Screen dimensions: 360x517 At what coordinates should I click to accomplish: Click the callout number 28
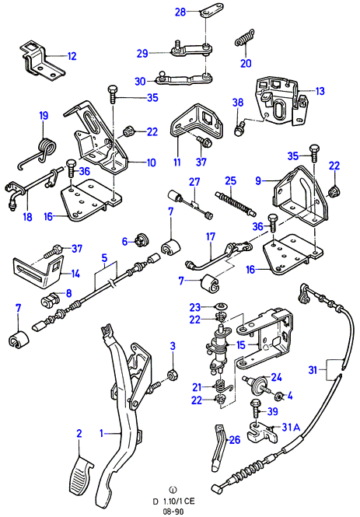180,12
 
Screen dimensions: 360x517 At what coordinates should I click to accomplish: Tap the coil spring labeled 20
245,38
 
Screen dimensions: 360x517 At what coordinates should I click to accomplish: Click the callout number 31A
291,428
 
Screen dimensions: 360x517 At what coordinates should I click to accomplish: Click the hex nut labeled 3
173,375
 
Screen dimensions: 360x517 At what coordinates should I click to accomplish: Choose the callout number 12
72,56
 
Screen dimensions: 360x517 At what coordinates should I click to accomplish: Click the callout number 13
320,91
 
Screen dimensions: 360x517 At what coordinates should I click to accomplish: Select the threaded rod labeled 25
236,203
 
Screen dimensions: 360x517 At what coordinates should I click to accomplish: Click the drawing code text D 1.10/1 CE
173,501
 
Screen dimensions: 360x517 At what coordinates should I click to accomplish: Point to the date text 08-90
173,512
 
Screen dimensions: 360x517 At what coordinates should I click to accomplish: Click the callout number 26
235,439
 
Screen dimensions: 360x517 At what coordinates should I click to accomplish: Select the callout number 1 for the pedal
102,433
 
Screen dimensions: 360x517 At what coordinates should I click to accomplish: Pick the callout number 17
211,237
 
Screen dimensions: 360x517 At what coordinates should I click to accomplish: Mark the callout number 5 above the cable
104,257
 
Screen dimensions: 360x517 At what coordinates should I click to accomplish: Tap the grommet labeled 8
51,299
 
